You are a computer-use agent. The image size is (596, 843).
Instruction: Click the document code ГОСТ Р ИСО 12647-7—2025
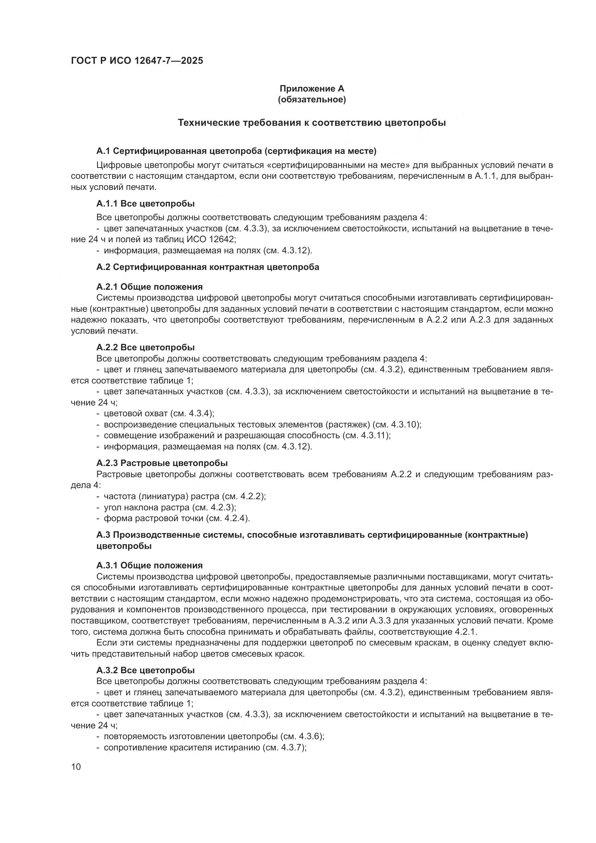click(137, 61)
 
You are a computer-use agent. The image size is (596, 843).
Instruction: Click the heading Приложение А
click(312, 89)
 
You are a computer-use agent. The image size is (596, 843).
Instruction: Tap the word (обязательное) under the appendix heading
click(312, 99)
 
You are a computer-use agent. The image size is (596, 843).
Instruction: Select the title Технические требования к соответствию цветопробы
click(312, 123)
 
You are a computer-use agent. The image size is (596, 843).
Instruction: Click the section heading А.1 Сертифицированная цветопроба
click(236, 151)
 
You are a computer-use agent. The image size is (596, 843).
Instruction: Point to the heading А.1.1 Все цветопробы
click(145, 203)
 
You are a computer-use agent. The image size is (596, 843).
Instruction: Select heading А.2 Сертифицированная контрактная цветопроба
click(208, 267)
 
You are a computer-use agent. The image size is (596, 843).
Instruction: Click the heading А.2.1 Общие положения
click(150, 287)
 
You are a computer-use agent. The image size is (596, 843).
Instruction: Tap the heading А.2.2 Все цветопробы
click(145, 347)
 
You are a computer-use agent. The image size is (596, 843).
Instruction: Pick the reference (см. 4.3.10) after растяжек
click(396, 425)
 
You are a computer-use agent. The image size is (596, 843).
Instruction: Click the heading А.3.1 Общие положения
click(150, 565)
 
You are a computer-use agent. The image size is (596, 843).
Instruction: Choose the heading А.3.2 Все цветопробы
click(145, 670)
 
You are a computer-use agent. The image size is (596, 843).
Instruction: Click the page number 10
click(76, 767)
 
